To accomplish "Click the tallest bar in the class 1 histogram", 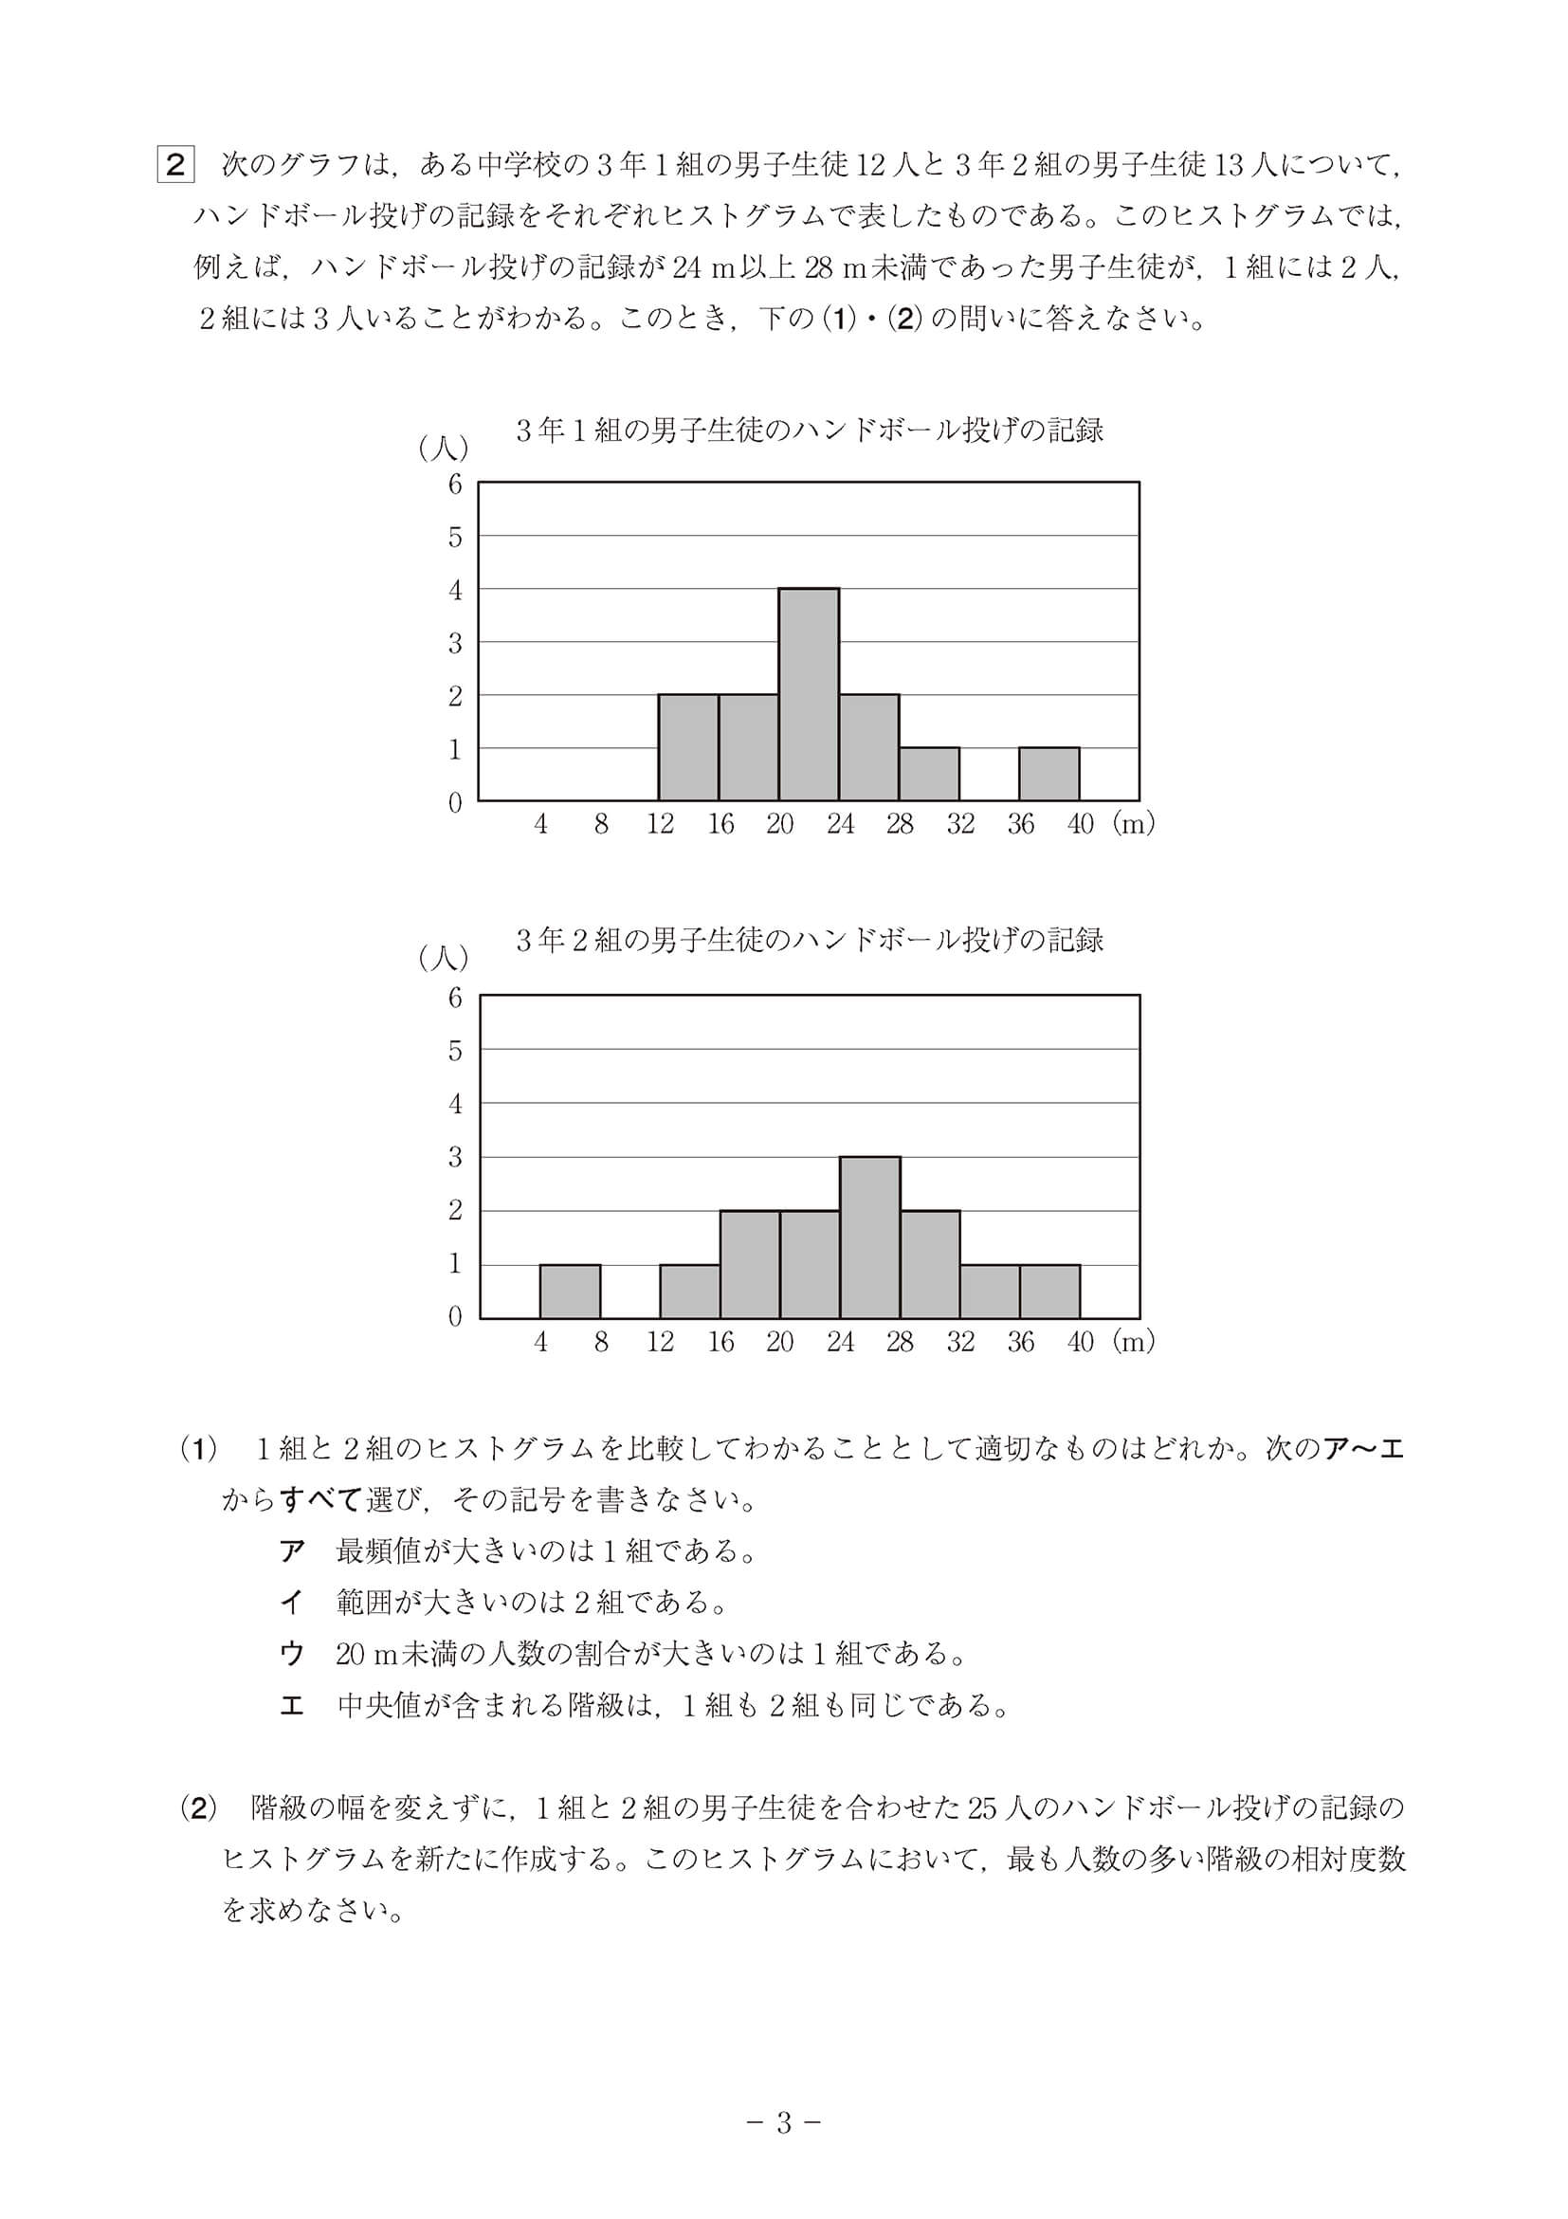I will pyautogui.click(x=809, y=694).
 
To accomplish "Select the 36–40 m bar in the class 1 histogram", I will pyautogui.click(x=1049, y=774).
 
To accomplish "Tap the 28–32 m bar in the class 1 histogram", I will pyautogui.click(x=928, y=774).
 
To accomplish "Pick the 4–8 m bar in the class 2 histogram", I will pyautogui.click(x=570, y=1292).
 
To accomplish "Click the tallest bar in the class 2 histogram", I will pyautogui.click(x=869, y=1238).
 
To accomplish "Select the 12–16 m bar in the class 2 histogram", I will pyautogui.click(x=690, y=1292).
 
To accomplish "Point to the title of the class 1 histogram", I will pyautogui.click(x=810, y=431).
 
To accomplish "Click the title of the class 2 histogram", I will pyautogui.click(x=810, y=941).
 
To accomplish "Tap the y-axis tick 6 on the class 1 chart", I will pyautogui.click(x=455, y=485).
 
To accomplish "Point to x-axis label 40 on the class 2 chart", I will pyautogui.click(x=1080, y=1342).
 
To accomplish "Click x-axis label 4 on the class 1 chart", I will pyautogui.click(x=540, y=824).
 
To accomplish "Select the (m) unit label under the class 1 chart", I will pyautogui.click(x=1133, y=824).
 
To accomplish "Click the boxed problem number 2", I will pyautogui.click(x=174, y=164).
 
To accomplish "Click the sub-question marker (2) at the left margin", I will pyautogui.click(x=199, y=1808).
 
